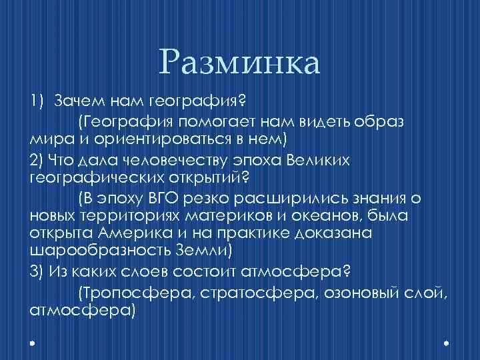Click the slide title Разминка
240,63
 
